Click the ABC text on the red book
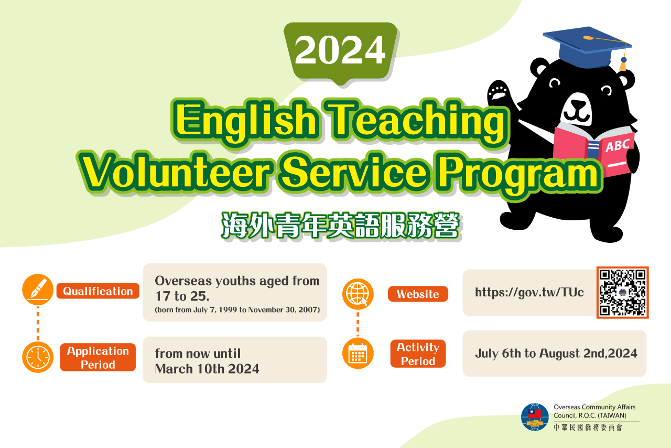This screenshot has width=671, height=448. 617,145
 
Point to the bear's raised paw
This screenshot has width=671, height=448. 498,91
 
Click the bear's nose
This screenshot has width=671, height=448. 578,105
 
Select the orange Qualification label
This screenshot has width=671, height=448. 98,291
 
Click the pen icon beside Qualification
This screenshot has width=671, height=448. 38,290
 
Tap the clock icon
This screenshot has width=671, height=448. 38,357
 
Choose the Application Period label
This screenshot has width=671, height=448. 98,357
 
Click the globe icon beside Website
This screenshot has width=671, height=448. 358,294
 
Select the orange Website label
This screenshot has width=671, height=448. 418,294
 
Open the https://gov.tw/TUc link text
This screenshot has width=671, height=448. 529,292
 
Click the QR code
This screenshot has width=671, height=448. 622,292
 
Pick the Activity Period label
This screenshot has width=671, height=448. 418,354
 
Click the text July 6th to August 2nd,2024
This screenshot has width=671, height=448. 556,353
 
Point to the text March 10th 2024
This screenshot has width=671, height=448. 207,369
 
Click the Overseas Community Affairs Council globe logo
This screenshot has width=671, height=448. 535,417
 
